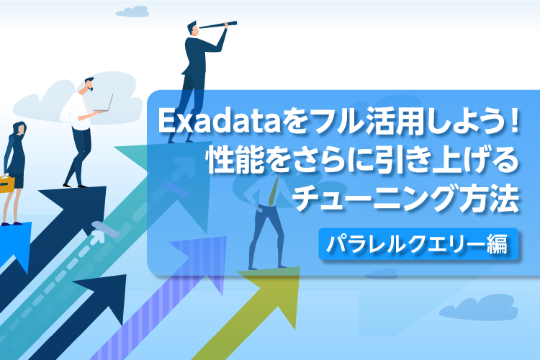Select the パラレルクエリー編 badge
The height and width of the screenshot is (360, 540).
click(417, 242)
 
